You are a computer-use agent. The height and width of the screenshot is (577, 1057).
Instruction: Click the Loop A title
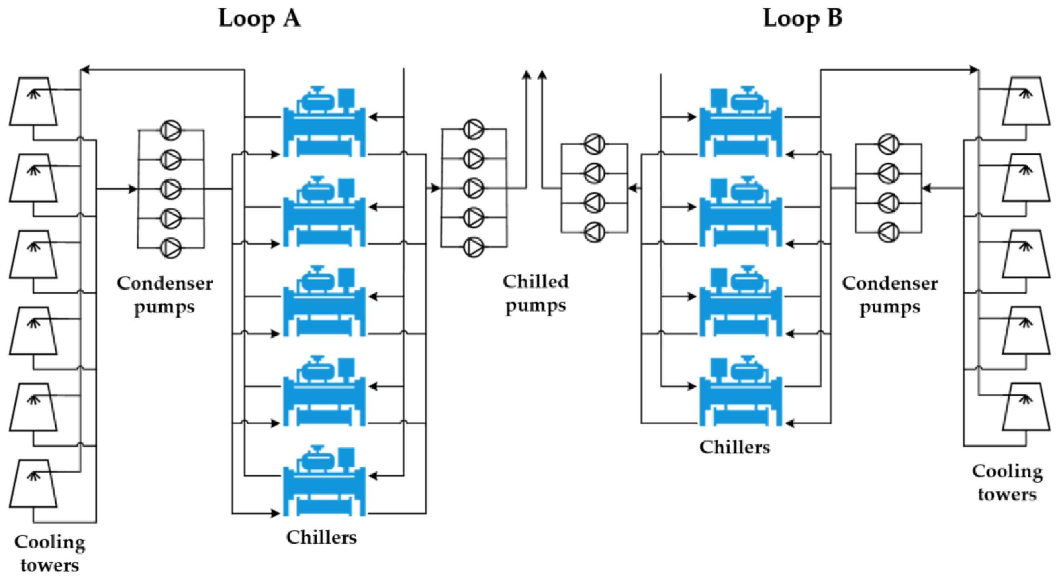[259, 19]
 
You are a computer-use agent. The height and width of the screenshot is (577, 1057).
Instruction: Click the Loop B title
[802, 19]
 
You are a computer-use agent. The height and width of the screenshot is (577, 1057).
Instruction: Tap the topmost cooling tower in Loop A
[33, 101]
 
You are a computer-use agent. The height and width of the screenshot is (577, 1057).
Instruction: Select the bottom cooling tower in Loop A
[33, 483]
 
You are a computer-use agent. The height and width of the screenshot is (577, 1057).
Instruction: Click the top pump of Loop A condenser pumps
[170, 130]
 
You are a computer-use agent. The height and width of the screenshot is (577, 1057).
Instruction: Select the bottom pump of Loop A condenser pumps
[170, 248]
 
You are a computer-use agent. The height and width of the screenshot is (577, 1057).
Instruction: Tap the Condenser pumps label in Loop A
[165, 294]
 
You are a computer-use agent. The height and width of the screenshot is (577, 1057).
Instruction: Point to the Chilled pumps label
[536, 293]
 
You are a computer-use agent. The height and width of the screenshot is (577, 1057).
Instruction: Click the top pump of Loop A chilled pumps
[474, 129]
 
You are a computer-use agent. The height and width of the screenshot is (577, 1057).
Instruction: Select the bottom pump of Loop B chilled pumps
[594, 232]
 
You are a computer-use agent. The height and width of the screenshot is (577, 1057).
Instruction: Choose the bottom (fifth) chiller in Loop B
[741, 391]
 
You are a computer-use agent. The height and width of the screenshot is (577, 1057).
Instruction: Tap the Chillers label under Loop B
[734, 447]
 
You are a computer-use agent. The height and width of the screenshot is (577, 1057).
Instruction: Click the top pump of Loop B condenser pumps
[888, 144]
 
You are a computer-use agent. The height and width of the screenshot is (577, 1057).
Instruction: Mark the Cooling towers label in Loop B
[1007, 483]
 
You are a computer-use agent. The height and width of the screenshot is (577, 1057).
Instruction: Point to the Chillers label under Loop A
[321, 537]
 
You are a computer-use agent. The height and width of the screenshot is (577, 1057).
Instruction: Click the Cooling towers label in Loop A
[50, 554]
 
